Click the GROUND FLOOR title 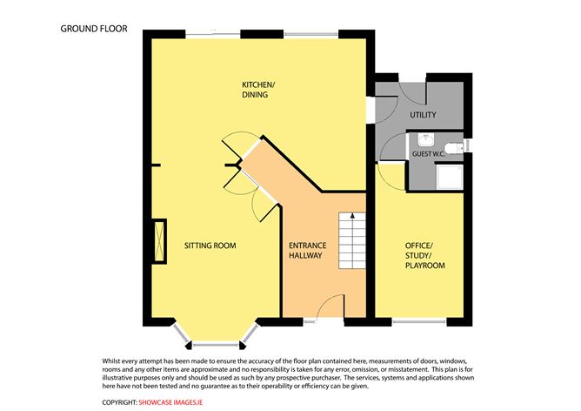point(94,29)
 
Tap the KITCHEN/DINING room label point(258,90)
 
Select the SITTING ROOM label point(210,246)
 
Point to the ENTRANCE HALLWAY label point(308,251)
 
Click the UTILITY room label point(423,115)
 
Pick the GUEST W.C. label point(429,153)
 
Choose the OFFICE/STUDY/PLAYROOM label point(424,256)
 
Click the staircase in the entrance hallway point(352,240)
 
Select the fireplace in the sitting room point(160,241)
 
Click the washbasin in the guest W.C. point(426,140)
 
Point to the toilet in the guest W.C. point(455,147)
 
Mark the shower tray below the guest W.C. point(450,178)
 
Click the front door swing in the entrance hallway point(331,306)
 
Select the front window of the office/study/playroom point(419,321)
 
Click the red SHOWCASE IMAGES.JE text point(170,402)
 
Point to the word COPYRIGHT point(119,402)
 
